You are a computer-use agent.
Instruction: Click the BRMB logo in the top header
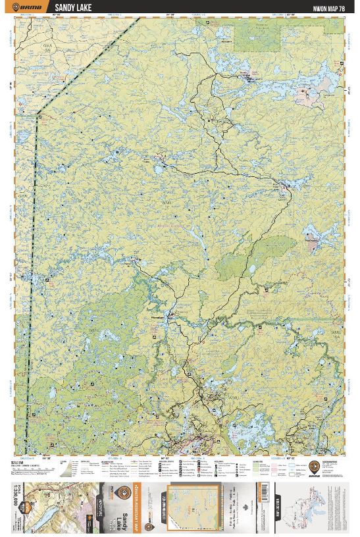[x=30, y=8]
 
